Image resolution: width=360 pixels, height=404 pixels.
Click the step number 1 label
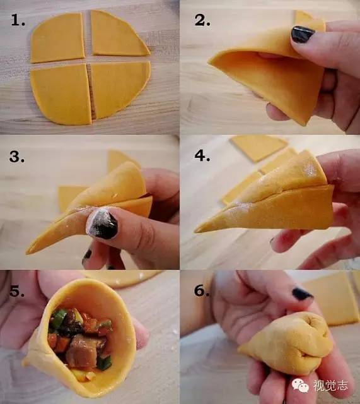(18, 20)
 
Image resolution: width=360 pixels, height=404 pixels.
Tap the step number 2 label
(202, 20)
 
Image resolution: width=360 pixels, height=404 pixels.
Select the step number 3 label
(17, 157)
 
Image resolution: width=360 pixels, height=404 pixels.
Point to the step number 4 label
(202, 156)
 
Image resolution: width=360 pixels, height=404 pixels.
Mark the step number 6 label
(202, 290)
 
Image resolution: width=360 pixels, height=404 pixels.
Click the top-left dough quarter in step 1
(57, 38)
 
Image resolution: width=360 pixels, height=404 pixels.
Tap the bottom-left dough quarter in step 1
(61, 95)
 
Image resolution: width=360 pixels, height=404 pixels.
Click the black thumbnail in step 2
(302, 34)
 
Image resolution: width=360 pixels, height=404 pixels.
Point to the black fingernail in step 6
(303, 294)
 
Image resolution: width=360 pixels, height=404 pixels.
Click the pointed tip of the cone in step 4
(196, 230)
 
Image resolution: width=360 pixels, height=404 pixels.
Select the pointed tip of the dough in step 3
(28, 252)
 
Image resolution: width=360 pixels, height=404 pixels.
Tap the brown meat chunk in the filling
(83, 351)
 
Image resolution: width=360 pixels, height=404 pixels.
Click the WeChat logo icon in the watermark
(300, 386)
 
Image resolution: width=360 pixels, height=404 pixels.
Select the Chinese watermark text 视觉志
(330, 386)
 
